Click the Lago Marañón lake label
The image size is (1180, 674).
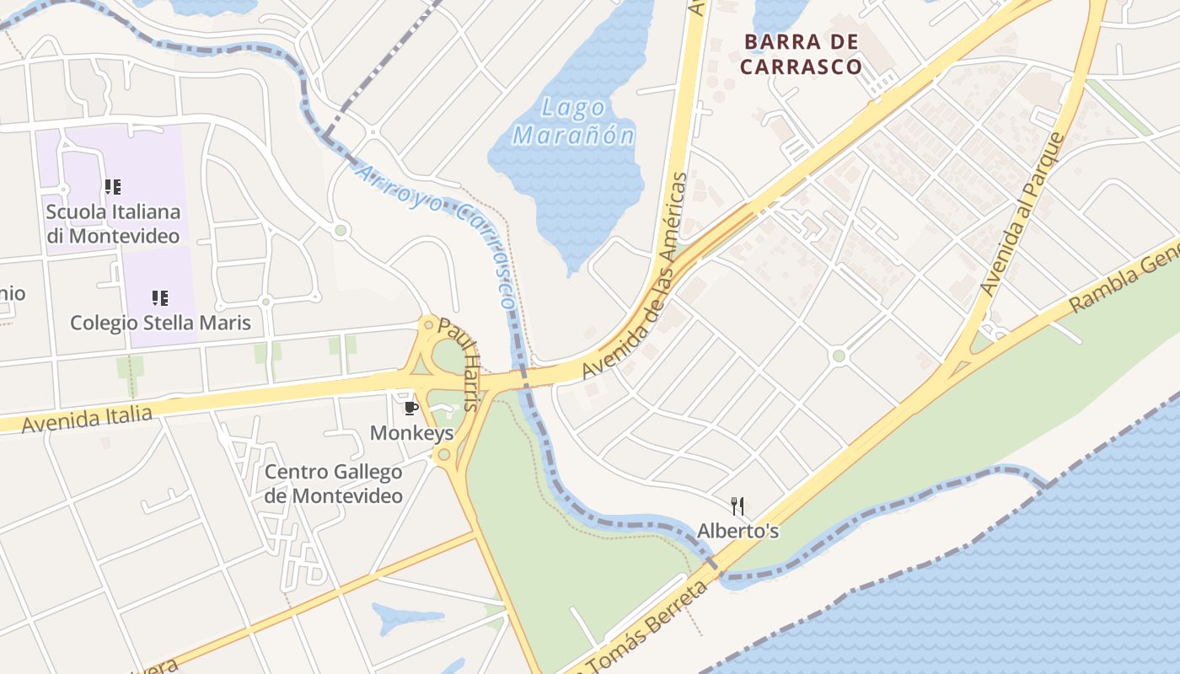pos(574,121)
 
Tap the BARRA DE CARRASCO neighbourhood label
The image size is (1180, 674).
pos(802,54)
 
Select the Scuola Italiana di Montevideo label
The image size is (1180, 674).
pos(113,224)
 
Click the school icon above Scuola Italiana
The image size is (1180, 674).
pos(112,186)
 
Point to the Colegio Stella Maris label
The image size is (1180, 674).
pos(160,323)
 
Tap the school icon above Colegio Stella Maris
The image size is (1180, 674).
pos(159,297)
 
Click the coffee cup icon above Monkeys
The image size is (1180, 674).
pos(411,409)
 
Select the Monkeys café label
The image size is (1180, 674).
pos(411,433)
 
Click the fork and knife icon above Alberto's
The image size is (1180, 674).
pos(737,505)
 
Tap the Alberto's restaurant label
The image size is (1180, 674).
pos(737,531)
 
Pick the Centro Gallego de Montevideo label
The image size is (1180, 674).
pos(333,484)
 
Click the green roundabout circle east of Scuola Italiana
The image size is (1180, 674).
pos(341,229)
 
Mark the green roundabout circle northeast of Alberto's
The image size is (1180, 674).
pos(838,356)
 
